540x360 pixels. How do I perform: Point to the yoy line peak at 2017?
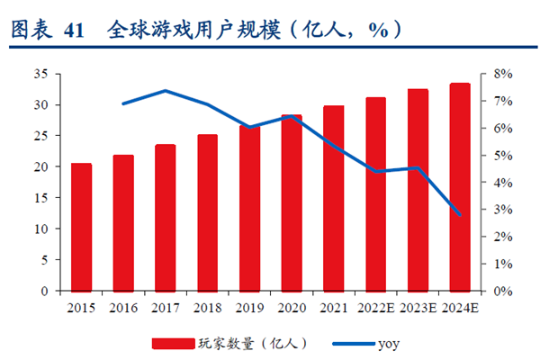pyautogui.click(x=166, y=91)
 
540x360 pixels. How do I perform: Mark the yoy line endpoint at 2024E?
pyautogui.click(x=460, y=215)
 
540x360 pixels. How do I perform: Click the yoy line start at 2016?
pyautogui.click(x=123, y=104)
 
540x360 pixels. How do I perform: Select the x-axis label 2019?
pyautogui.click(x=250, y=308)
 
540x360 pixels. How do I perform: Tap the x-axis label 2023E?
pyautogui.click(x=418, y=308)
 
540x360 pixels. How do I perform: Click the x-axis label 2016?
pyautogui.click(x=123, y=308)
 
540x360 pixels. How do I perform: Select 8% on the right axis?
pyautogui.click(x=500, y=74)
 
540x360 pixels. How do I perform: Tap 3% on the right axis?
pyautogui.click(x=500, y=210)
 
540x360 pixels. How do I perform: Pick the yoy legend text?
pyautogui.click(x=389, y=343)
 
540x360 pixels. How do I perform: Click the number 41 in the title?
pyautogui.click(x=75, y=30)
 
